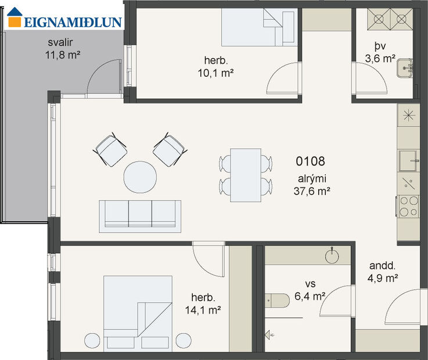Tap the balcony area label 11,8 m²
tap(62, 55)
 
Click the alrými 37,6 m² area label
tap(310, 184)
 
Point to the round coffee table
tap(140, 177)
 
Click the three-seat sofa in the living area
tap(140, 214)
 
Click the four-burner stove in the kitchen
tap(408, 206)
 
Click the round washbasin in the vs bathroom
tap(333, 255)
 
